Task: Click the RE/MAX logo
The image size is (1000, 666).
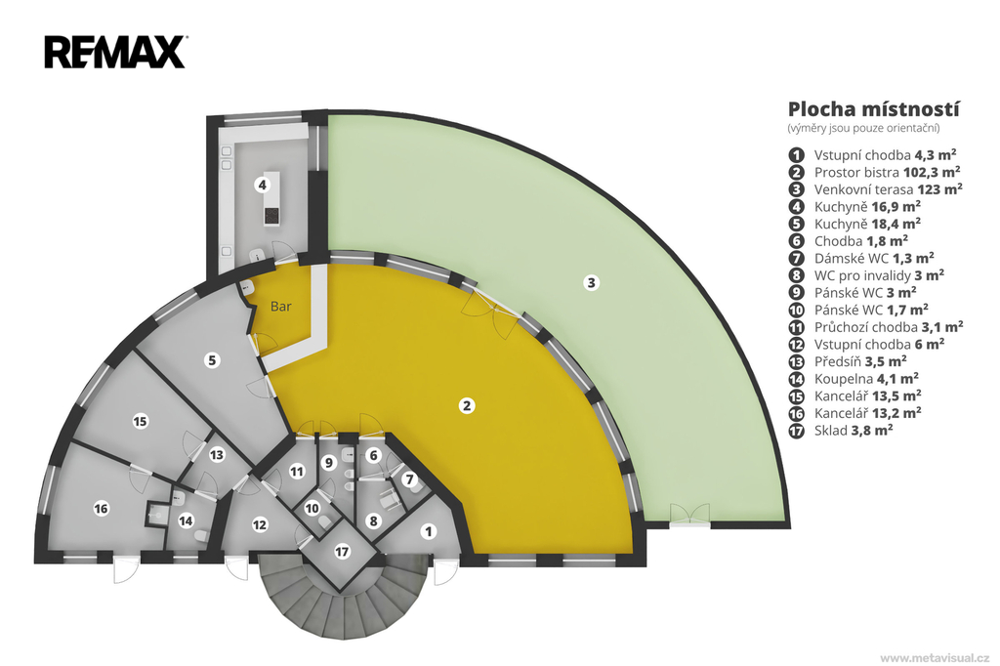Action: (115, 53)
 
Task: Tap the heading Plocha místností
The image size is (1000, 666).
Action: (873, 109)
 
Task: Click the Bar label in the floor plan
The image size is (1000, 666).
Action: (280, 307)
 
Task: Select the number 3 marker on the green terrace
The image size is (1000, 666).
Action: (591, 282)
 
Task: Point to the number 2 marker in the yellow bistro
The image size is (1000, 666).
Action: (467, 405)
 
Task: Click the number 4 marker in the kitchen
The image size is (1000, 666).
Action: (262, 185)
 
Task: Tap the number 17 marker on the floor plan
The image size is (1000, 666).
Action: (343, 551)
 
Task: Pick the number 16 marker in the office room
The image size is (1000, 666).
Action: (101, 509)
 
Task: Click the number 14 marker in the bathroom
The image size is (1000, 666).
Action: (186, 521)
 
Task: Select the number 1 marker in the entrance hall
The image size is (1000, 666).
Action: (429, 531)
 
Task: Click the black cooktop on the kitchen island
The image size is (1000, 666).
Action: (271, 216)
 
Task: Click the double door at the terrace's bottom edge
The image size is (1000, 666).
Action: (688, 515)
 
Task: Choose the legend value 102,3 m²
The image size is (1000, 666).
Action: (932, 172)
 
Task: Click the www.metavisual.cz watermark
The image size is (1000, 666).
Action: (935, 658)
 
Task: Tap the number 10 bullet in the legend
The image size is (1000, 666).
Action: (796, 310)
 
